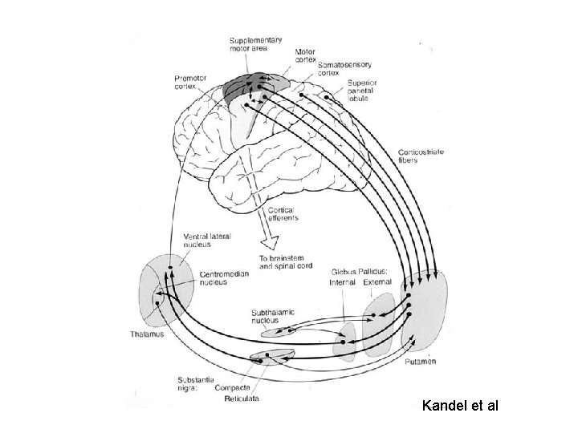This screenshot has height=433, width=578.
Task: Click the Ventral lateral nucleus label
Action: coord(210,241)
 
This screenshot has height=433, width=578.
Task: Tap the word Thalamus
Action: coord(147,334)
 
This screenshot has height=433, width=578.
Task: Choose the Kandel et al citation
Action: coord(460,406)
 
